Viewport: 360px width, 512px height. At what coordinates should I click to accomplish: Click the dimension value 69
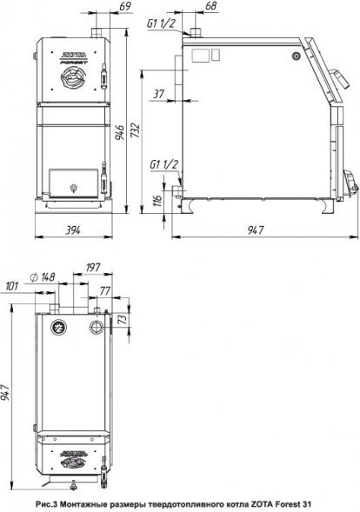click(125, 6)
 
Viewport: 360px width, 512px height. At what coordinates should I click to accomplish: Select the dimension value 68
click(211, 6)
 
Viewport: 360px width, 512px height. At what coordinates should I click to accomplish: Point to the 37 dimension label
click(159, 94)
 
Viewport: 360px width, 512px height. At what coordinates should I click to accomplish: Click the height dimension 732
click(135, 130)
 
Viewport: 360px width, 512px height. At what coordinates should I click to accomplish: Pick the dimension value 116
click(157, 200)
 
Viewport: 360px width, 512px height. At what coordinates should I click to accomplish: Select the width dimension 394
click(73, 230)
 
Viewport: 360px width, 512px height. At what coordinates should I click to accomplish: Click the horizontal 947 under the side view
click(255, 230)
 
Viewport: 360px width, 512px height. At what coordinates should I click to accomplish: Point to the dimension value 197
click(93, 268)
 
